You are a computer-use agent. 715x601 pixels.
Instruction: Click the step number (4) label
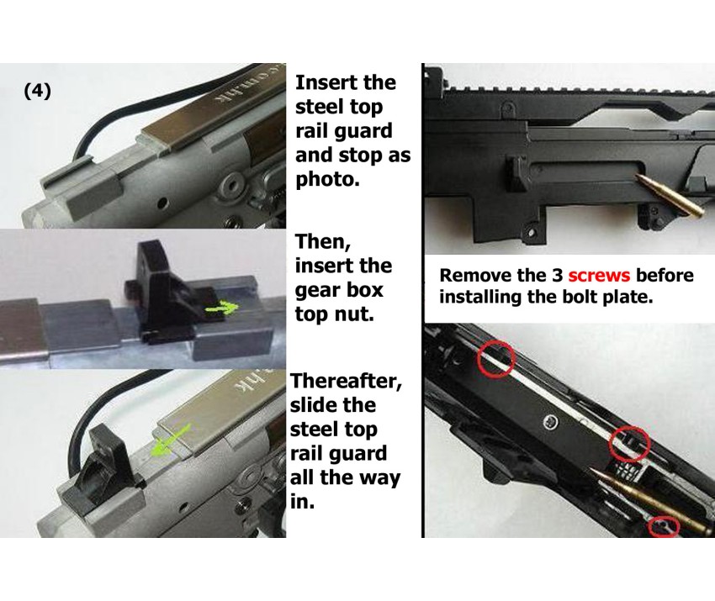37,91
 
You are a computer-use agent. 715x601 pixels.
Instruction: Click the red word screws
599,275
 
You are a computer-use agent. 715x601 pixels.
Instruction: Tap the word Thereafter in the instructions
346,382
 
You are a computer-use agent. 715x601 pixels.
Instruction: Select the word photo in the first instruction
327,180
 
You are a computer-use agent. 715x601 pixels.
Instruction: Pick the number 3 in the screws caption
558,275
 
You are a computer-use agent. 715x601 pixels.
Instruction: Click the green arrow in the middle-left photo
222,308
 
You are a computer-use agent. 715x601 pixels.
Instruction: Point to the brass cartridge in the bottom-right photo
652,500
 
